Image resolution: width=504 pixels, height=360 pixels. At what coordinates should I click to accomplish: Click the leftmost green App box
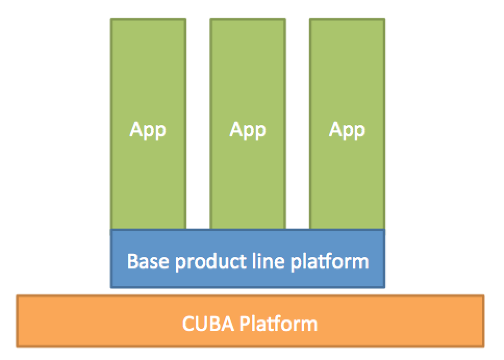(148, 124)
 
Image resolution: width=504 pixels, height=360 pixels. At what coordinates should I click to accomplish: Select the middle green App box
(248, 124)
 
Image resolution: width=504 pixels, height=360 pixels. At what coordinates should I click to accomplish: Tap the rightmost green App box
(347, 124)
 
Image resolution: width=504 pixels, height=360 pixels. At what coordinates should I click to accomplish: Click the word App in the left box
(148, 130)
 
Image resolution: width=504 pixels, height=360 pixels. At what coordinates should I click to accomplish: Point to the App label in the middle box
(248, 130)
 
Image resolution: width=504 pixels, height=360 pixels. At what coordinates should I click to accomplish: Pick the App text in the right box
(347, 130)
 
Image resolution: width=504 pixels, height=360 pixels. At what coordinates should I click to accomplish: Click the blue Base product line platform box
(248, 259)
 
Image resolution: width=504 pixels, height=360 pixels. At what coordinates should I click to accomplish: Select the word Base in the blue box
(148, 261)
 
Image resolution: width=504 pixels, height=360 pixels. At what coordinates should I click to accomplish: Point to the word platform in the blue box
(330, 262)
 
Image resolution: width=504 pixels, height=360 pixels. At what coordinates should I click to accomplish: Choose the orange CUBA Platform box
(250, 321)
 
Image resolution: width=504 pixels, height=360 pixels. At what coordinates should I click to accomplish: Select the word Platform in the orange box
(279, 324)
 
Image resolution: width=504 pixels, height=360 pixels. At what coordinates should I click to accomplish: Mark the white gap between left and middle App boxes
(198, 124)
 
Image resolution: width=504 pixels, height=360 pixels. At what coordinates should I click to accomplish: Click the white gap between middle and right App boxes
(298, 124)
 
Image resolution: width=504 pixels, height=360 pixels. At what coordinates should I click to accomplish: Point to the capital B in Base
(132, 261)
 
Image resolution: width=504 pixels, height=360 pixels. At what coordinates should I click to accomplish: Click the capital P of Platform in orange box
(245, 324)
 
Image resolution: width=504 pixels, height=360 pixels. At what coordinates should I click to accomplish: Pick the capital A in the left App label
(136, 129)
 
